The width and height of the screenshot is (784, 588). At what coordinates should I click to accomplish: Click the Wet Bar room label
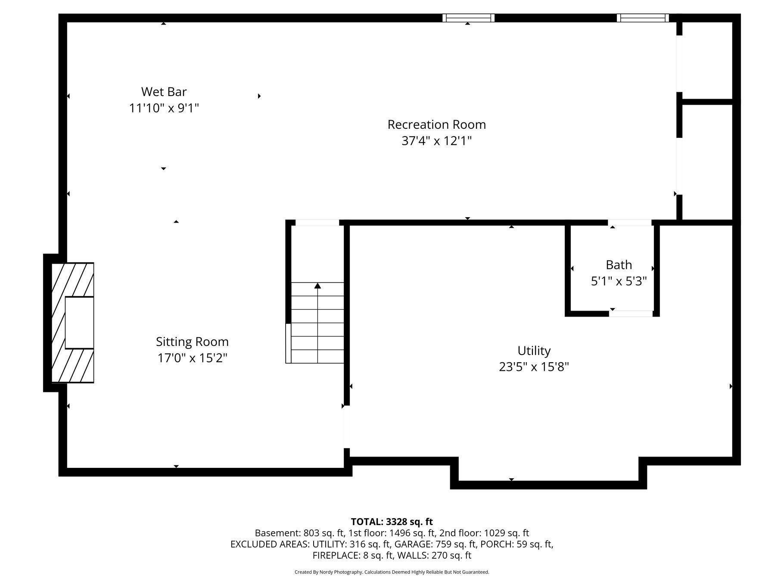(164, 92)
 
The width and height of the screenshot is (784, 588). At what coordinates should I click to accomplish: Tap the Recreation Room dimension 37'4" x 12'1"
(436, 141)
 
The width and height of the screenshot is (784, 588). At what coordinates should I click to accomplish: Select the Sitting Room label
(192, 342)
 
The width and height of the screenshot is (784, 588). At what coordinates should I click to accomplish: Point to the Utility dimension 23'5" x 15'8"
(534, 367)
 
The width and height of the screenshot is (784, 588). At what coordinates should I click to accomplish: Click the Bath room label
(619, 264)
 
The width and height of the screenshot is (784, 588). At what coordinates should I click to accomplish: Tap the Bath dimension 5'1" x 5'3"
(619, 281)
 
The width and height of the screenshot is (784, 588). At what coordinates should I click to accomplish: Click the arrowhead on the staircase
(317, 286)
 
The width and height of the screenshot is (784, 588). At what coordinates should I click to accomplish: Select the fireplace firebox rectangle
(79, 322)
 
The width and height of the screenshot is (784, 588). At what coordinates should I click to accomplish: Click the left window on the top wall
(468, 18)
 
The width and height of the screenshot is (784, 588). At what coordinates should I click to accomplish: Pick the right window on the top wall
(642, 18)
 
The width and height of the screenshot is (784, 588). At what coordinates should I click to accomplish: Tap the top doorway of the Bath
(629, 223)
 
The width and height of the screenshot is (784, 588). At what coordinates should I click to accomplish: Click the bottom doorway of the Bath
(630, 314)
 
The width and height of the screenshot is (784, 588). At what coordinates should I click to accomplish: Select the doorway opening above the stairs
(317, 223)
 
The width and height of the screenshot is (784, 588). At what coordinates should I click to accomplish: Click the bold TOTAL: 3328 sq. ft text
(392, 522)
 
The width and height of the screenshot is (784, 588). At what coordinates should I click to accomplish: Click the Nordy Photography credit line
(392, 572)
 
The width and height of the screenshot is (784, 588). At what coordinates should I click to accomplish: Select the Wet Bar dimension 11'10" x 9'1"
(164, 108)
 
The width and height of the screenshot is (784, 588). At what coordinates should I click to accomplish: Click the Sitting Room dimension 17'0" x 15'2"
(192, 358)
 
